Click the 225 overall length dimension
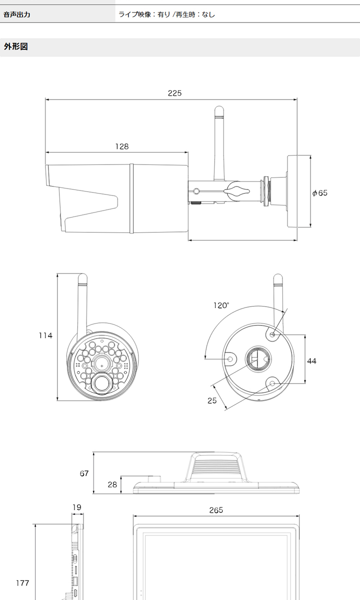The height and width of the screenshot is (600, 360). tap(174, 93)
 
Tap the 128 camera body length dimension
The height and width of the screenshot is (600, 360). tap(122, 146)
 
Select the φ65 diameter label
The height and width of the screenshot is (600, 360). tap(320, 193)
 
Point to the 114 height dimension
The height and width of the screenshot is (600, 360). tap(45, 335)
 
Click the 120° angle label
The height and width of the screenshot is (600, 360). tap(221, 305)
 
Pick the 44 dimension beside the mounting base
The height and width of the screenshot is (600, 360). tap(311, 361)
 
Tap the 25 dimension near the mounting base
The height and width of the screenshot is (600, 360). tap(212, 400)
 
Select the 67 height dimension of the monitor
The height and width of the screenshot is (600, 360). tap(84, 473)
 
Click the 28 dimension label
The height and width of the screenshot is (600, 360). tap(112, 484)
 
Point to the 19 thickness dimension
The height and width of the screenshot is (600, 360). tap(77, 507)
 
